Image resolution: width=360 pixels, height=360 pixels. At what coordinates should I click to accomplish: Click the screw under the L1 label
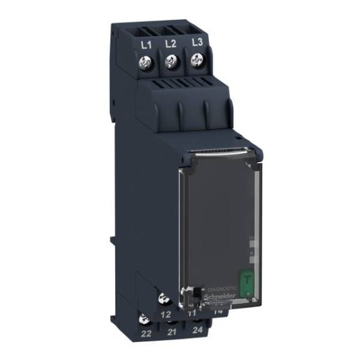147,63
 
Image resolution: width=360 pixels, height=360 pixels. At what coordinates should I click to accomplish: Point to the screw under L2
171,62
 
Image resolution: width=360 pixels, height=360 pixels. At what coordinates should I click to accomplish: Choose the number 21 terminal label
171,332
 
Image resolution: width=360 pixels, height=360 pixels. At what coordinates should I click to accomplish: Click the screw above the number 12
163,298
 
